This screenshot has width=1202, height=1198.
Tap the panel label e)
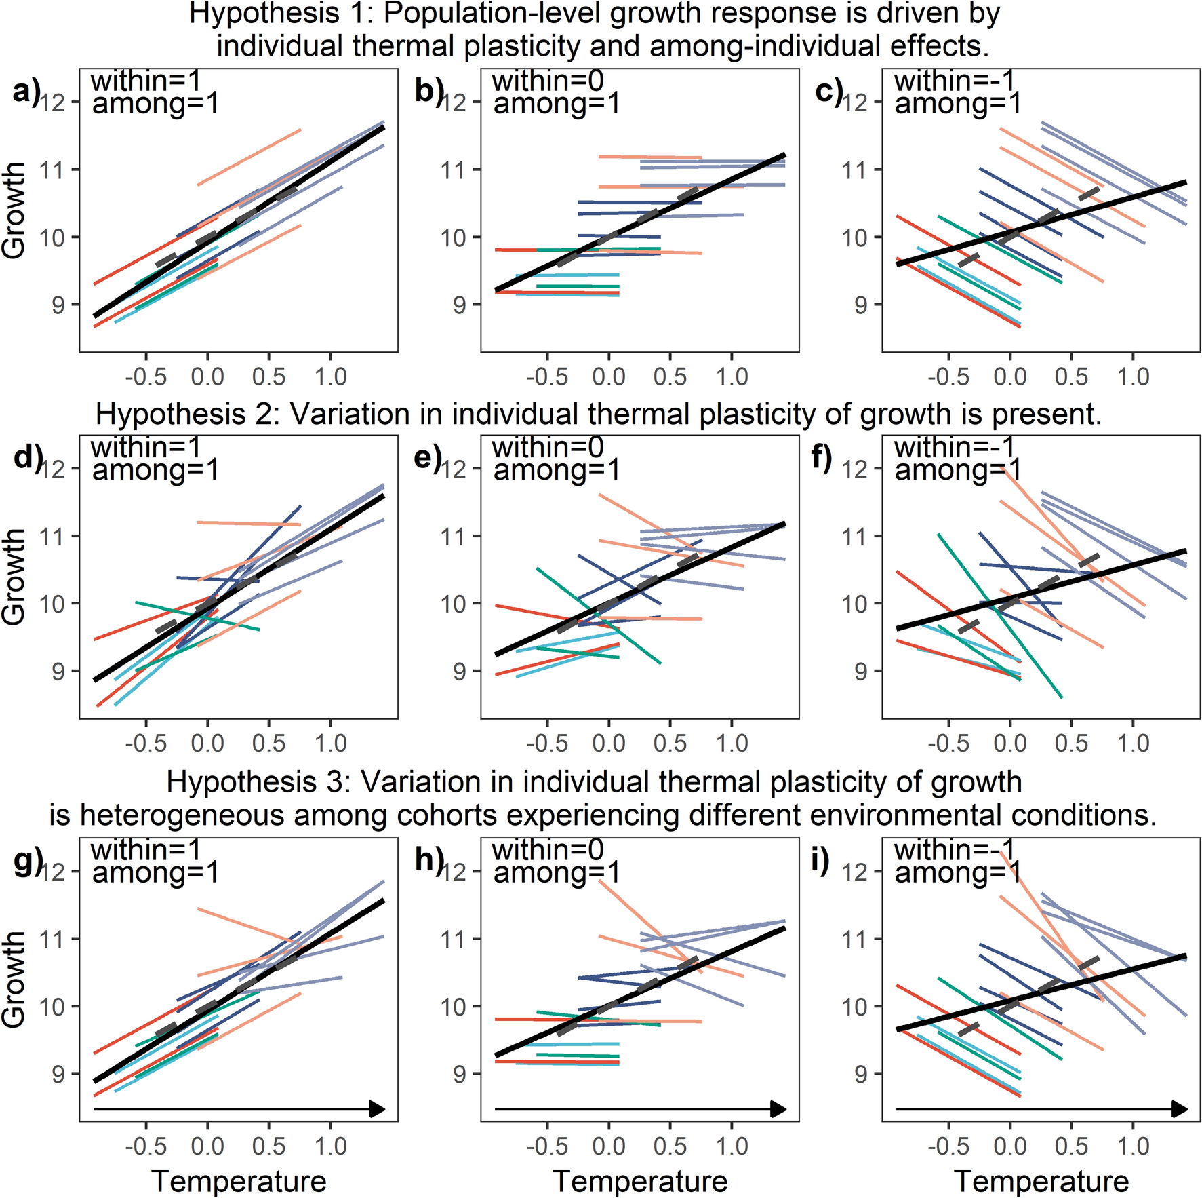427,458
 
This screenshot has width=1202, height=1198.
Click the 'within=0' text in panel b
548,81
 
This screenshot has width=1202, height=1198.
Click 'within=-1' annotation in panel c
955,81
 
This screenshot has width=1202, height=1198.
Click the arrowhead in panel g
377,1110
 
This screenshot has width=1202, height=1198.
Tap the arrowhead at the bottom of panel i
1180,1110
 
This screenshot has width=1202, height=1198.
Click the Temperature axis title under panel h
640,1181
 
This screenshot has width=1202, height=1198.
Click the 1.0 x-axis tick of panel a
330,376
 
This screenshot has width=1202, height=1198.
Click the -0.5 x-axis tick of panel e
547,743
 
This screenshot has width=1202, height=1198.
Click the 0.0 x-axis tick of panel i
1009,1146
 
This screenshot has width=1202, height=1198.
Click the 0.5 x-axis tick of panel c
1071,376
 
